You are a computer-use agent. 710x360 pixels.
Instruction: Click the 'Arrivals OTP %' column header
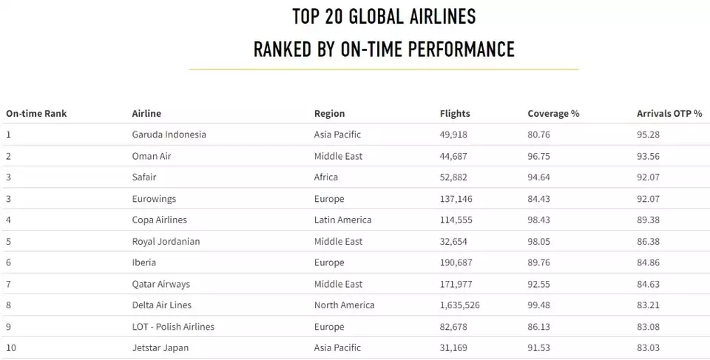click(669, 114)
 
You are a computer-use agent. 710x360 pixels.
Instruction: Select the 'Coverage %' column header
click(553, 114)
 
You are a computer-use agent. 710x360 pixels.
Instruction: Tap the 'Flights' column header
click(455, 114)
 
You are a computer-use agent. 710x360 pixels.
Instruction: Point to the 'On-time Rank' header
click(36, 114)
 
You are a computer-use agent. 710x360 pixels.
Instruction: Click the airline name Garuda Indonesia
click(169, 135)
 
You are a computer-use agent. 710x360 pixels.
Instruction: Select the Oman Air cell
click(152, 157)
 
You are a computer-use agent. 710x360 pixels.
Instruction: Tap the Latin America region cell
click(342, 220)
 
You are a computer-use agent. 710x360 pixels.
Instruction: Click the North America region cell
click(344, 305)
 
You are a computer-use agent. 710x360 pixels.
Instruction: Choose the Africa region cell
click(326, 177)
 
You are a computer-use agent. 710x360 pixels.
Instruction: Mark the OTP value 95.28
click(649, 135)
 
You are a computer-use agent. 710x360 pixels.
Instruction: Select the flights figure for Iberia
click(456, 262)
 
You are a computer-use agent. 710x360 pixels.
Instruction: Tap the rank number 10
click(11, 347)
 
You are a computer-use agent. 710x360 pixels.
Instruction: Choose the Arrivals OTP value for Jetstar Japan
click(649, 347)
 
